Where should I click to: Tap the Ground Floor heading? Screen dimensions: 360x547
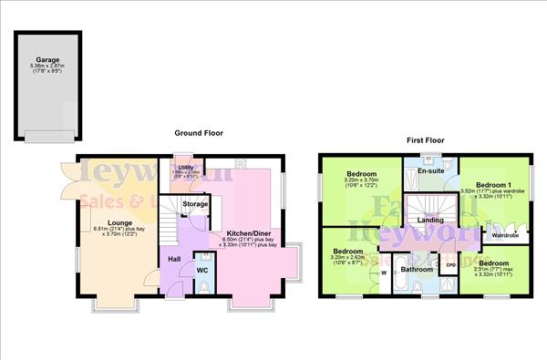click(199, 133)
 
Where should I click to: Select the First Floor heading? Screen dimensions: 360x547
click(425, 141)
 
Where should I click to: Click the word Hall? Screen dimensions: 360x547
click(174, 258)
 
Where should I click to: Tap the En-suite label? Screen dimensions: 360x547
click(429, 170)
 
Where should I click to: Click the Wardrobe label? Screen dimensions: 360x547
click(505, 235)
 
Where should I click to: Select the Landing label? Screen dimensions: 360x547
click(430, 220)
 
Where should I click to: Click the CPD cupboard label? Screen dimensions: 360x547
click(449, 266)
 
